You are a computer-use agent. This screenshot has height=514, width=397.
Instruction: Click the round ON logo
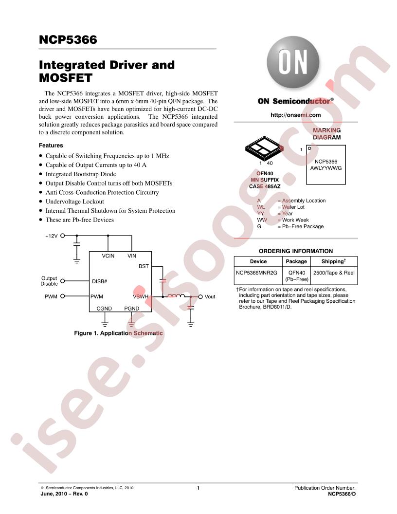tap(293, 62)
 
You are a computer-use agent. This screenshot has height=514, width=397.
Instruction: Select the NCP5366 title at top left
tap(68, 40)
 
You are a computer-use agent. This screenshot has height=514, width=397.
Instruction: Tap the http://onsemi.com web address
tap(295, 115)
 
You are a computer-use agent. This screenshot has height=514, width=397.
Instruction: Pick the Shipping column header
tap(333, 261)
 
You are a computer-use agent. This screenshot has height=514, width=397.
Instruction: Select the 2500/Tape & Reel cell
tap(334, 273)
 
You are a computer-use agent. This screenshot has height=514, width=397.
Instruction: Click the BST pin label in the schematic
tap(144, 267)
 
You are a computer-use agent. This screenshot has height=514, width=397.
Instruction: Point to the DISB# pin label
tap(99, 282)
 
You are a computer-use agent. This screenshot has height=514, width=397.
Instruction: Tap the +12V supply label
tap(52, 236)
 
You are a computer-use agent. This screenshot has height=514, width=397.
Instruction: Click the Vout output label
tap(210, 296)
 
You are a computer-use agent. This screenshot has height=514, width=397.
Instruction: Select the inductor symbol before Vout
tap(176, 296)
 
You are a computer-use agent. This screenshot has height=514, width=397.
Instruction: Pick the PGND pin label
tap(132, 309)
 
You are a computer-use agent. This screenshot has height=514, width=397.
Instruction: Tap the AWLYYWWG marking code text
tap(326, 168)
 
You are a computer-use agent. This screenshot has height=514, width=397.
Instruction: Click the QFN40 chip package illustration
tap(264, 148)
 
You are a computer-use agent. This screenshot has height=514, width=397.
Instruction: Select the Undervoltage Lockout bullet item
tap(75, 202)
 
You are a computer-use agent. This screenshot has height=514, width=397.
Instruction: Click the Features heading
tap(51, 145)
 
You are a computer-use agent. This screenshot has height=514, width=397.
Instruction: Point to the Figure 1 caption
tap(118, 333)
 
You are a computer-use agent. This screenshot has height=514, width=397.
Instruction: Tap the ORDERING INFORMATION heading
tap(296, 251)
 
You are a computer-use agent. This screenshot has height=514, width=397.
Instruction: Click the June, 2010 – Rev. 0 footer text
tap(64, 494)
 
